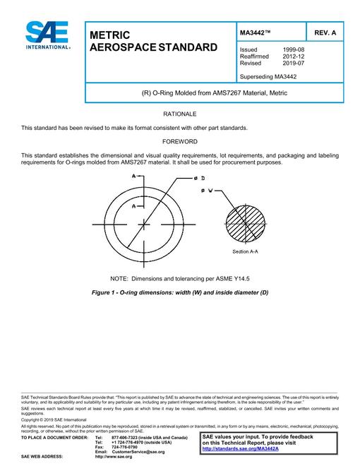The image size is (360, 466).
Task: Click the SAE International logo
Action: click(47, 35)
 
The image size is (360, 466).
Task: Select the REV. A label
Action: click(325, 32)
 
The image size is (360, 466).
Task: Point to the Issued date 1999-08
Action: click(294, 49)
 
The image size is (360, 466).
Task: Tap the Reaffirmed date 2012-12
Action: click(294, 56)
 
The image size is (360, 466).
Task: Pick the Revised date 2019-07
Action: click(294, 63)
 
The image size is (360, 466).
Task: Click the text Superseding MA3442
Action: click(268, 77)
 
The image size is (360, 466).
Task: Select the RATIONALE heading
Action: click(180, 114)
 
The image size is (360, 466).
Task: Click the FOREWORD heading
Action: click(180, 141)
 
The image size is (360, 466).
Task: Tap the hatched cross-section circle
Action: click(245, 224)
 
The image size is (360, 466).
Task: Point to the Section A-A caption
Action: click(245, 252)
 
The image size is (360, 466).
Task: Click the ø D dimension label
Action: click(199, 179)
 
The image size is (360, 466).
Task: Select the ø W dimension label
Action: click(207, 191)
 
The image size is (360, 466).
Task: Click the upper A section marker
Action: click(133, 177)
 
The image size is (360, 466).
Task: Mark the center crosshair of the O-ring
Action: click(144, 225)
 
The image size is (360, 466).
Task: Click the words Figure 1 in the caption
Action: click(103, 292)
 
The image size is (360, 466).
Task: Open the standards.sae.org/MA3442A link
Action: click(241, 449)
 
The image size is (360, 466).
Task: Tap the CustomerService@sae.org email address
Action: click(138, 452)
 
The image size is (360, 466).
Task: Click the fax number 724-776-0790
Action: click(124, 447)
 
